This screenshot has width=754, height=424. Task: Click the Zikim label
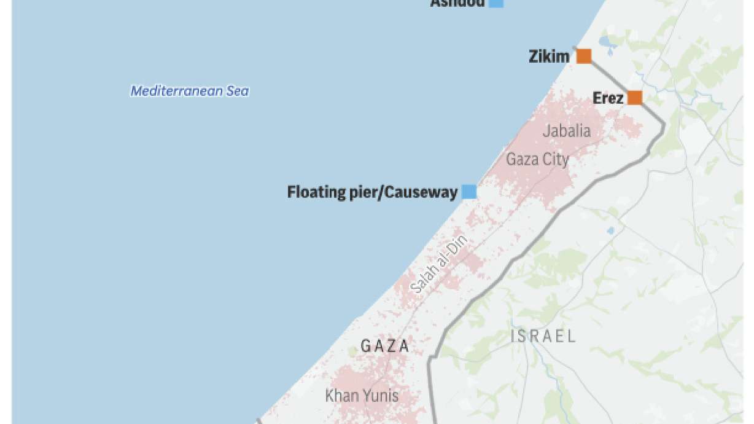548,57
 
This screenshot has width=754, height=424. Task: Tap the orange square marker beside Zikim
583,57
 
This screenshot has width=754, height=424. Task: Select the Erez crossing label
608,98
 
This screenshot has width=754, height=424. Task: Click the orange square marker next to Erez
634,98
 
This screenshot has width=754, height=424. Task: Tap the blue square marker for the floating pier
469,192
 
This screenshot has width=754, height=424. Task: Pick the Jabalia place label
566,131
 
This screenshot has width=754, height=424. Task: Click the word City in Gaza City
554,160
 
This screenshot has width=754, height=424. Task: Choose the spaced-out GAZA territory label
385,346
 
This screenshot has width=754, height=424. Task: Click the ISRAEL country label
543,336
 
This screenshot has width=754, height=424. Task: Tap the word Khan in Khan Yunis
341,396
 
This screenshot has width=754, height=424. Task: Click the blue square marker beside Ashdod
496,3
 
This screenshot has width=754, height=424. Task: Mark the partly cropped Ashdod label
457,3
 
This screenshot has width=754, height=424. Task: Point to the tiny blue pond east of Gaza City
610,231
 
